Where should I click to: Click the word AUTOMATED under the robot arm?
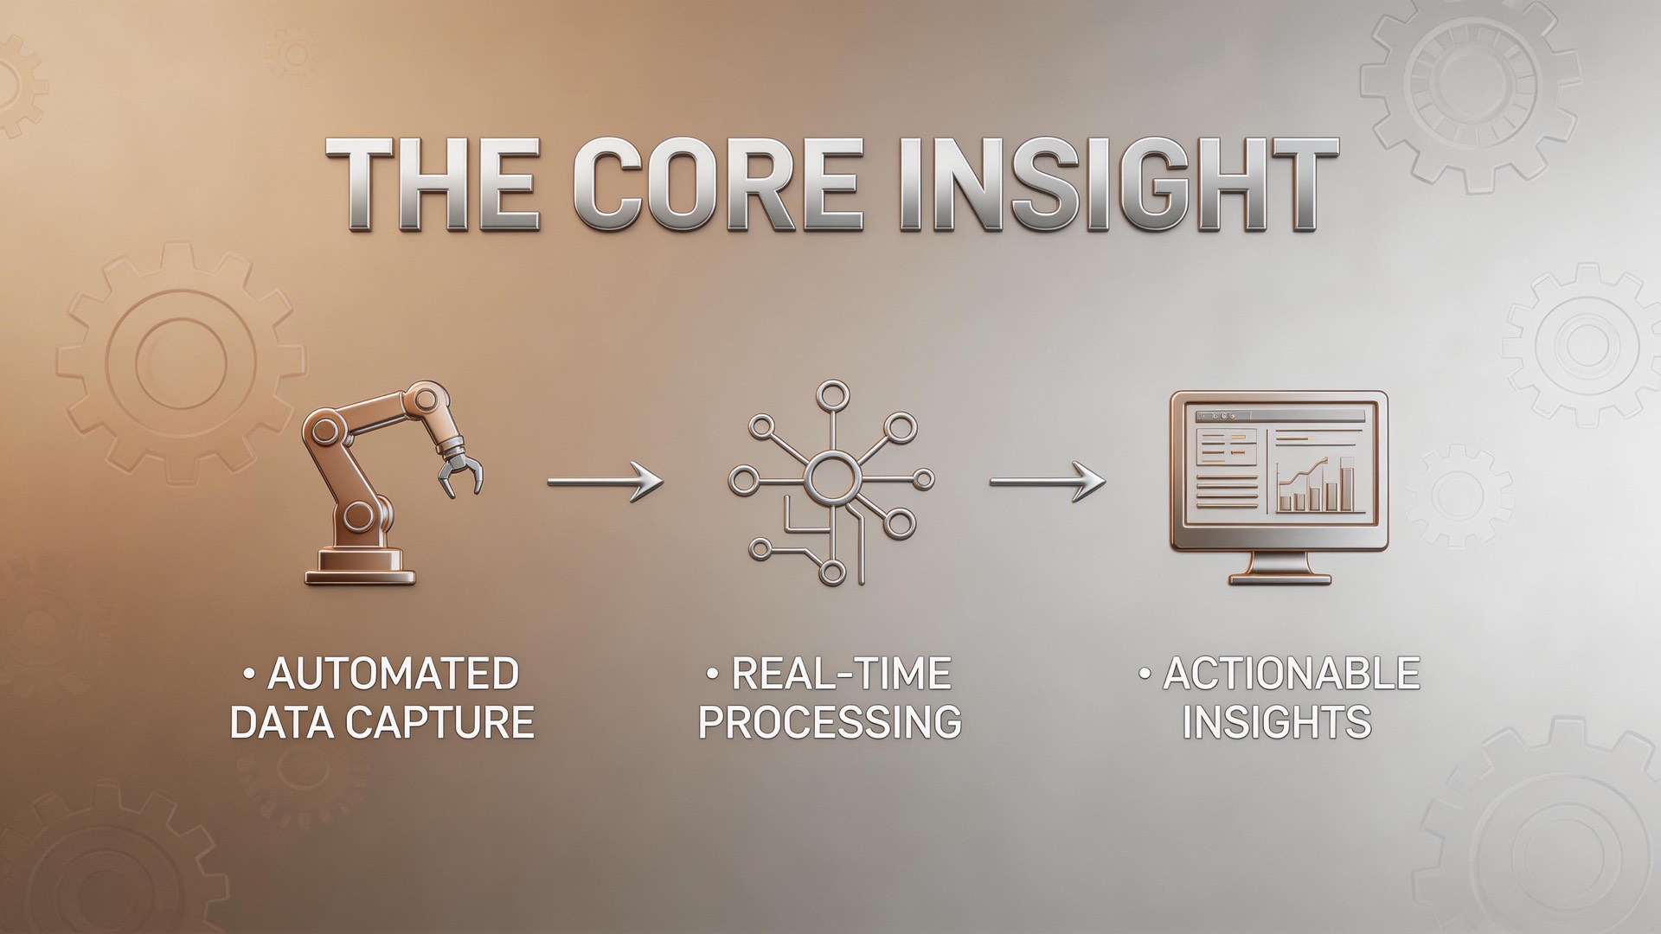tap(392, 675)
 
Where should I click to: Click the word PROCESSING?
tap(830, 723)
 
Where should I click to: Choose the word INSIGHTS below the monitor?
tap(1277, 723)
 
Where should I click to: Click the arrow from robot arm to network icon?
tap(606, 480)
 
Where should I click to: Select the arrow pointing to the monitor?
tap(1048, 480)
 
